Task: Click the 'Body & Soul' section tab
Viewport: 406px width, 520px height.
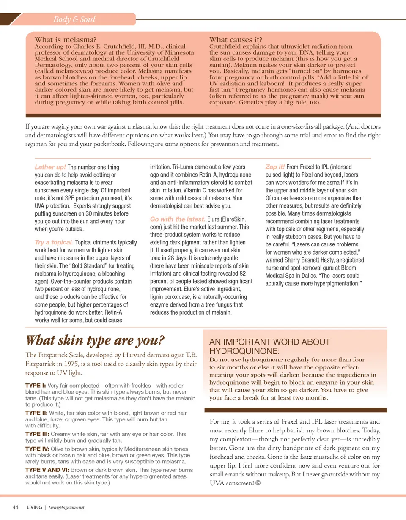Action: tap(74, 19)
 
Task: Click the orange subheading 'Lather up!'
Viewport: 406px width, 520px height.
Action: tap(50, 167)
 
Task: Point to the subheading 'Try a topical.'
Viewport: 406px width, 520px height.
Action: tap(54, 243)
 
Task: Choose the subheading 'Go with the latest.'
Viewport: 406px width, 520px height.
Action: tap(178, 219)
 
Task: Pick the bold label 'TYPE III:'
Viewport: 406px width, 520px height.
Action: tap(38, 434)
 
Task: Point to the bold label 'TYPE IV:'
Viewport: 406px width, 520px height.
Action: tap(38, 449)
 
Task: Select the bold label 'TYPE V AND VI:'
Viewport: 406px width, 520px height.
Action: tap(47, 470)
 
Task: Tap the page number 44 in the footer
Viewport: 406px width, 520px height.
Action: tap(16, 507)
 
